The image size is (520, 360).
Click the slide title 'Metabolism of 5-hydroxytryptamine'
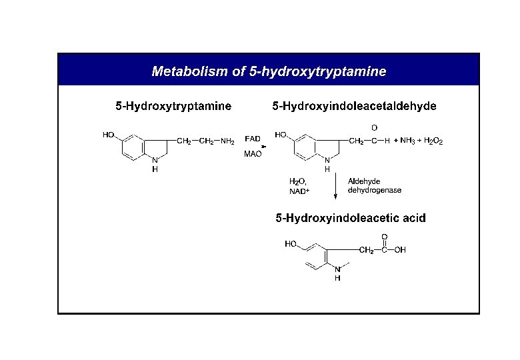click(269, 71)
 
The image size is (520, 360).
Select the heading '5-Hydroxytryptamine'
click(173, 106)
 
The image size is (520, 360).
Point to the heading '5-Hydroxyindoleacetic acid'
click(351, 218)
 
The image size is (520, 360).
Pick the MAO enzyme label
click(253, 154)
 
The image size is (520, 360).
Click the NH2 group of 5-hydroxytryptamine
click(227, 141)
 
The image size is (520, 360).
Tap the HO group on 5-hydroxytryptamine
click(109, 134)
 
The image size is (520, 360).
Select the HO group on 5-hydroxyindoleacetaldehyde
click(281, 134)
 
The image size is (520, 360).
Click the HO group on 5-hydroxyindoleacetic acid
click(291, 244)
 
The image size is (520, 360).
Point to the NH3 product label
click(408, 141)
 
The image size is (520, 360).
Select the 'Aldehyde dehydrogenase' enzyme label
click(374, 185)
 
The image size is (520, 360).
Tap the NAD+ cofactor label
click(299, 191)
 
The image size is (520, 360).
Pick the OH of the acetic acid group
click(399, 251)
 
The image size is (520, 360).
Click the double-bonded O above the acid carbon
click(384, 237)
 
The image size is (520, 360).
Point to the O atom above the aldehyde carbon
click(373, 127)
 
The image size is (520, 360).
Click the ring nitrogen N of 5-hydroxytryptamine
click(155, 160)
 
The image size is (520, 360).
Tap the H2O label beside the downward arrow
click(297, 181)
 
